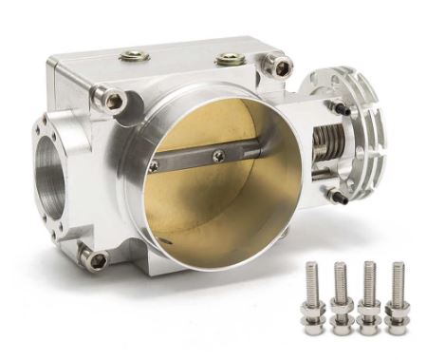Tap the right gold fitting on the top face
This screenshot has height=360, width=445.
(x=229, y=61)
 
